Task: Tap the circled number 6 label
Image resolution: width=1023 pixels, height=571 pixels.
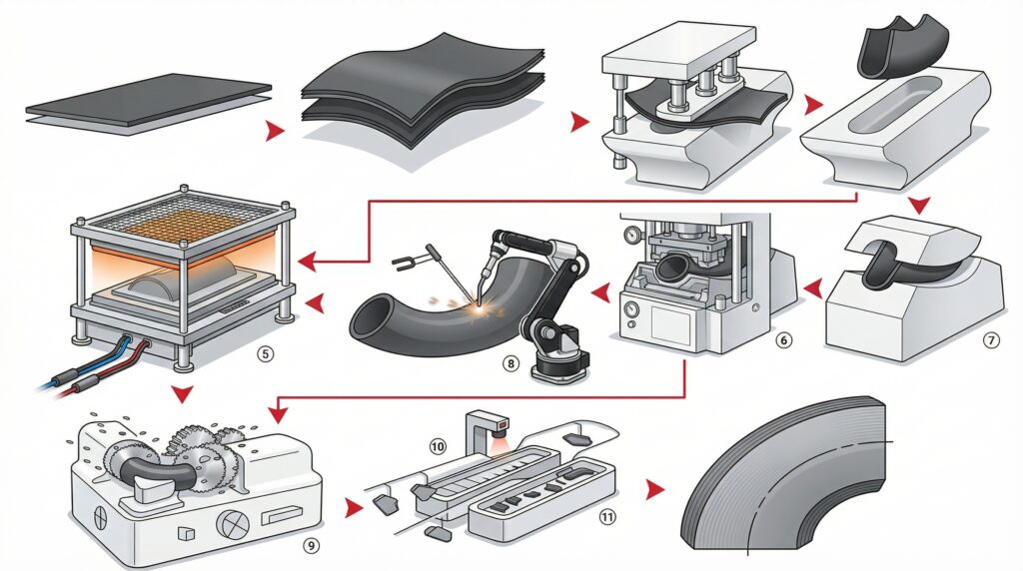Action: [783, 340]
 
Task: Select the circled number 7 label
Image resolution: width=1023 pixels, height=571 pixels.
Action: [991, 339]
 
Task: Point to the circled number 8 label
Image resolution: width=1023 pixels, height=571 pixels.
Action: [511, 364]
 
